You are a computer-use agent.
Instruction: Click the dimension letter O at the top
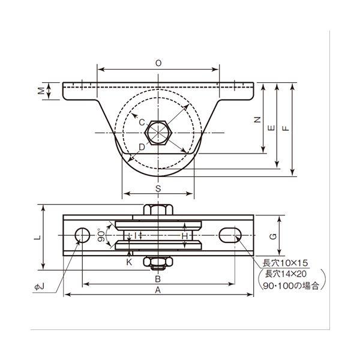[158, 63]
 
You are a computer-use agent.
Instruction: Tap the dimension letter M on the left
[41, 91]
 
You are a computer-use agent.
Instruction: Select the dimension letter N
[258, 119]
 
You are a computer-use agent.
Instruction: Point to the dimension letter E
[272, 128]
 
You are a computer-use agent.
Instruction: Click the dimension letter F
[286, 128]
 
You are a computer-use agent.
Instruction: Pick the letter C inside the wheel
[142, 122]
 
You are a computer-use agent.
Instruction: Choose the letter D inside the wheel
[142, 147]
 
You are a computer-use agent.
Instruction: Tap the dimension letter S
[158, 188]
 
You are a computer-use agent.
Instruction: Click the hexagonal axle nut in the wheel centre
[158, 132]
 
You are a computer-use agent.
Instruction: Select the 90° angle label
[102, 235]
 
